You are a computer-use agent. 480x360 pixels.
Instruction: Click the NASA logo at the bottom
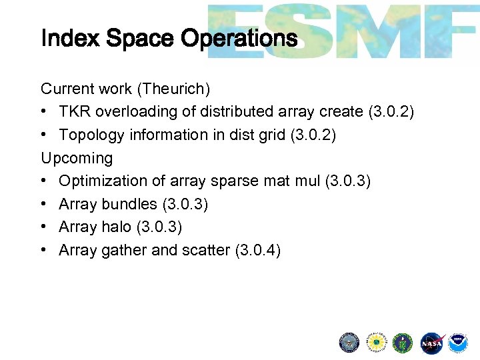coord(431,343)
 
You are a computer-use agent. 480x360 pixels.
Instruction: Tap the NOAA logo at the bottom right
coord(457,343)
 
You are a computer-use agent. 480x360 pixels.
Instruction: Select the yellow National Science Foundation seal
coord(377,343)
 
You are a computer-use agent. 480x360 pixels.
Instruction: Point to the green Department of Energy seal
coord(403,343)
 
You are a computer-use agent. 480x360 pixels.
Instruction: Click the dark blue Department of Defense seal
coord(349,343)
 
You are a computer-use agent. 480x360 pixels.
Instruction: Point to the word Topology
coord(89,135)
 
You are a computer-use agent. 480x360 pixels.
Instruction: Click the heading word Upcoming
coord(77,158)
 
